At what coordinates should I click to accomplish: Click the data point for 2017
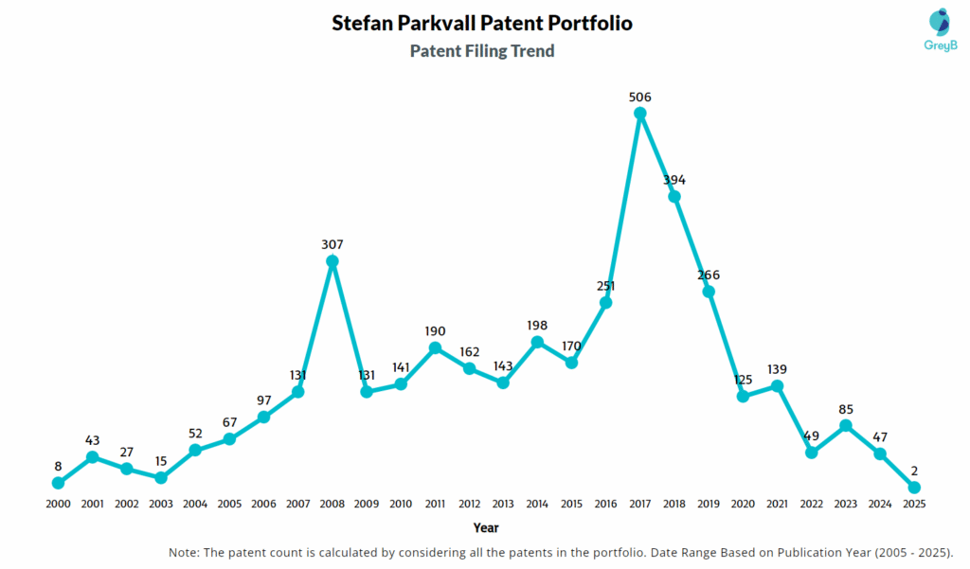point(640,114)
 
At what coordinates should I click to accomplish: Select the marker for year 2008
point(332,261)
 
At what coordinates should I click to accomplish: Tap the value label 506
point(640,97)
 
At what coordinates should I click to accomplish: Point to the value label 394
point(674,180)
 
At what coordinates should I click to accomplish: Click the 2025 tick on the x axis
point(913,505)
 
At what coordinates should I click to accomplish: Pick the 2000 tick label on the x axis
point(59,505)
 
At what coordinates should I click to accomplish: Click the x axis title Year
point(486,527)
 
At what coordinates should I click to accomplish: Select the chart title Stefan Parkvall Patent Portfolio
point(482,23)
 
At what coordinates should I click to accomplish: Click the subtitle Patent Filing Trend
point(482,51)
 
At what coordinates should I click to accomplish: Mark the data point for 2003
point(161,478)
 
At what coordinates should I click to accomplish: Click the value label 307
point(332,244)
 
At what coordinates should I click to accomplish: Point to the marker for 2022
point(811,453)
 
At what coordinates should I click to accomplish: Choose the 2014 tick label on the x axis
point(537,505)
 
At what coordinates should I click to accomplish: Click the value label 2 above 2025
point(914,471)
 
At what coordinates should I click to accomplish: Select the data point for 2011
point(435,348)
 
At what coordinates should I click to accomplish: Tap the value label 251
point(606,286)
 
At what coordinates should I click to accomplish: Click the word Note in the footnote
point(185,552)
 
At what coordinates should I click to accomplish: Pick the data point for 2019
point(709,292)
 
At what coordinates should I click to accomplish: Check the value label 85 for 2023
point(846,410)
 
